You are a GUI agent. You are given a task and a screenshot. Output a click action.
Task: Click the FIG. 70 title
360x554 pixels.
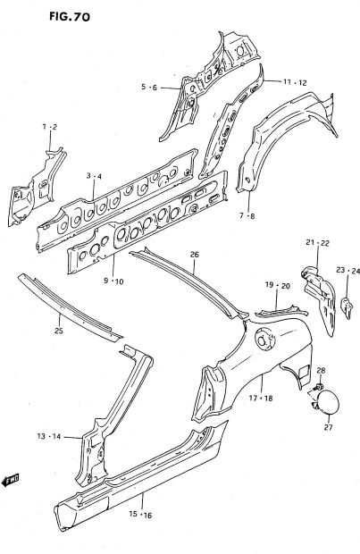(x=70, y=16)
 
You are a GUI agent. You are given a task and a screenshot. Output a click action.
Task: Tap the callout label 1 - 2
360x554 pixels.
(x=50, y=127)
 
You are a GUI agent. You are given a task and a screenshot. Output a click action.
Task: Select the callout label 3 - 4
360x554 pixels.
(x=94, y=176)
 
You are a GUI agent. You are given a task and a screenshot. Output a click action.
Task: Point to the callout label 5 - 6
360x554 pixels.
(x=148, y=87)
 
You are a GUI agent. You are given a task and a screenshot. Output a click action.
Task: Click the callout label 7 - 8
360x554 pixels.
(x=247, y=215)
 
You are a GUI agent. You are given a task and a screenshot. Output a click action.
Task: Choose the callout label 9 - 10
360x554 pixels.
(x=113, y=281)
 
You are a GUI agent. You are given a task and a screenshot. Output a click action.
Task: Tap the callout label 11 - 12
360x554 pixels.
(x=295, y=82)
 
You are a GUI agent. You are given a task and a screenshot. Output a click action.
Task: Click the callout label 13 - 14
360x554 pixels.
(x=49, y=436)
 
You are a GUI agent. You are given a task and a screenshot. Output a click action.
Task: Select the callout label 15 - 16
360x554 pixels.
(x=140, y=515)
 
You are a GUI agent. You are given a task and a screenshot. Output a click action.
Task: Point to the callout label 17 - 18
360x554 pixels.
(x=261, y=399)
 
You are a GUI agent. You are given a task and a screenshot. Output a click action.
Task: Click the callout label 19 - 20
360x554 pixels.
(x=277, y=285)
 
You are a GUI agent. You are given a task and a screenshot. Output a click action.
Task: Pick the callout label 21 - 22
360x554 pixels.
(x=318, y=243)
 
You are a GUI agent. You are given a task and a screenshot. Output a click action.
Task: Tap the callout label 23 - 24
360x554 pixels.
(x=348, y=271)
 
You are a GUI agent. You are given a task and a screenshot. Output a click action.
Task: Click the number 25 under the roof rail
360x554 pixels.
(x=59, y=331)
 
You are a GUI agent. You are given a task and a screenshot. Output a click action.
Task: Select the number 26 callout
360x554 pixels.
(x=195, y=254)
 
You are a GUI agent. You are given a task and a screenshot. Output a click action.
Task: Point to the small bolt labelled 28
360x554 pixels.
(x=319, y=386)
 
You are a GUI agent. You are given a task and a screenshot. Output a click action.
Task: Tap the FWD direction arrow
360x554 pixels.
(x=10, y=480)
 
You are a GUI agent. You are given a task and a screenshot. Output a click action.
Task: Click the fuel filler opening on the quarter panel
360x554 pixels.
(x=264, y=340)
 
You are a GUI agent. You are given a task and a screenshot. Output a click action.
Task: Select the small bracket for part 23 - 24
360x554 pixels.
(x=347, y=308)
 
